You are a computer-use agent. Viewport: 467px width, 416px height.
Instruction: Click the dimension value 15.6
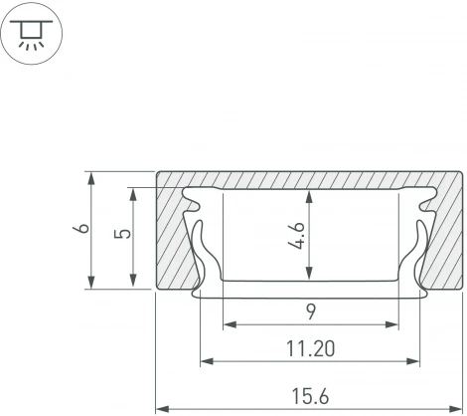pyautogui.click(x=310, y=396)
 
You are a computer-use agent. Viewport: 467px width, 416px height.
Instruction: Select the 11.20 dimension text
pyautogui.click(x=310, y=349)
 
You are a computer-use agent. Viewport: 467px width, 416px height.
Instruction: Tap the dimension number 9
pyautogui.click(x=311, y=312)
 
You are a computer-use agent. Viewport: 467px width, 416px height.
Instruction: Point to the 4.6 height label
pyautogui.click(x=296, y=236)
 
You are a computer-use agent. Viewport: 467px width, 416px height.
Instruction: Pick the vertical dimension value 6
pyautogui.click(x=81, y=228)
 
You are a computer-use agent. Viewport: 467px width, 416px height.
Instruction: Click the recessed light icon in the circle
pyautogui.click(x=31, y=34)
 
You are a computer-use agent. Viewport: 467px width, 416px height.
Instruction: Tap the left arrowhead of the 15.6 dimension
pyautogui.click(x=163, y=409)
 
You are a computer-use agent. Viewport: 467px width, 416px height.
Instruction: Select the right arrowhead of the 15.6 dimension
pyautogui.click(x=455, y=409)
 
